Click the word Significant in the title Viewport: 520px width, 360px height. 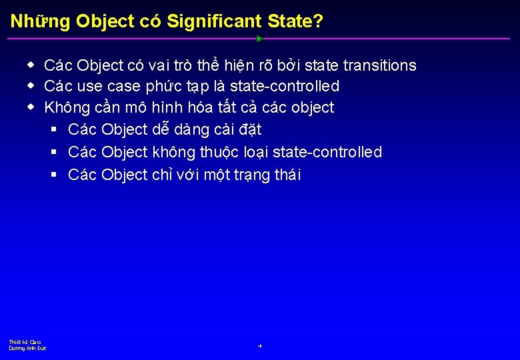214,21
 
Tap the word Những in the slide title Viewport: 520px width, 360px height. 40,21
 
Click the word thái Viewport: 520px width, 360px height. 287,175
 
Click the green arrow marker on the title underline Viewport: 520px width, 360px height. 259,39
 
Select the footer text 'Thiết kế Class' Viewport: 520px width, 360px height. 25,342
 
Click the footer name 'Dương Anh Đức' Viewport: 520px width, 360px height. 27,348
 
